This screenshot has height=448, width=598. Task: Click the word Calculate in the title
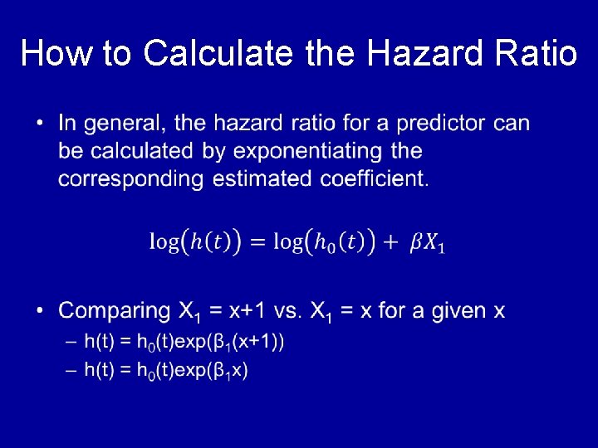(x=218, y=54)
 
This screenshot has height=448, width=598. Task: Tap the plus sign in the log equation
(x=391, y=242)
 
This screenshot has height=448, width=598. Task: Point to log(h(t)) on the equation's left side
(x=195, y=242)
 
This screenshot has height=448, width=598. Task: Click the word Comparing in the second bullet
(x=114, y=311)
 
